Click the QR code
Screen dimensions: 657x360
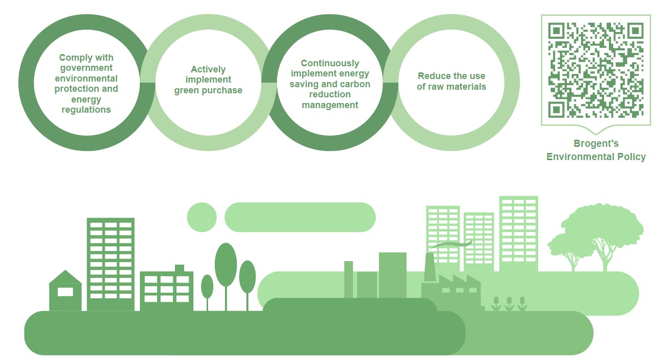click(x=595, y=70)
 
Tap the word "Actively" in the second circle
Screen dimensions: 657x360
click(x=208, y=69)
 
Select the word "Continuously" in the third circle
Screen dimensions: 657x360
click(x=330, y=63)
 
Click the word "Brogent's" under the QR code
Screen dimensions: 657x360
click(x=596, y=143)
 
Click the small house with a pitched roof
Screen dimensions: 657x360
click(x=65, y=290)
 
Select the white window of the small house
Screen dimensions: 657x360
click(x=65, y=292)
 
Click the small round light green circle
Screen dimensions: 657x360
click(x=202, y=217)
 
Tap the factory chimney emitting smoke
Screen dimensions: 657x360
click(x=429, y=267)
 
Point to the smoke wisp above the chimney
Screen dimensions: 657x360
click(x=451, y=244)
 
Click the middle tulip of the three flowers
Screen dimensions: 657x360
click(x=509, y=304)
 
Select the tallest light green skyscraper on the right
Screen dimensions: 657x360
click(x=519, y=234)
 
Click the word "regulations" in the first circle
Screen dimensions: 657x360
click(x=86, y=110)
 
